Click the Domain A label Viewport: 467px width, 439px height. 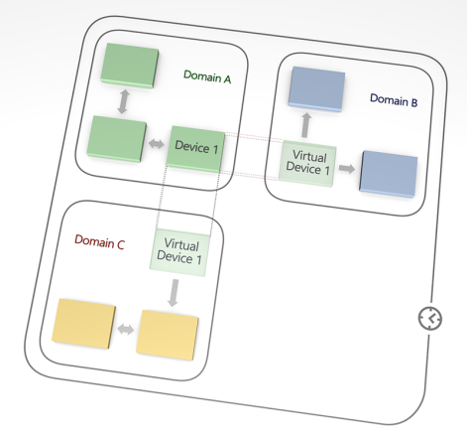click(207, 76)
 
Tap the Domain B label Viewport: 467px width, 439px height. click(394, 100)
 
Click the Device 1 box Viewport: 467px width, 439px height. click(195, 149)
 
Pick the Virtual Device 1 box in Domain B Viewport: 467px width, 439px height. click(307, 164)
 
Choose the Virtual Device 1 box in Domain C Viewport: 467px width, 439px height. click(179, 252)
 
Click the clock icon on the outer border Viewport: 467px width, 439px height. click(430, 318)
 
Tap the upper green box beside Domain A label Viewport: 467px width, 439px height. click(130, 66)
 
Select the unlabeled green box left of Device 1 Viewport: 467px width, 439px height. click(117, 139)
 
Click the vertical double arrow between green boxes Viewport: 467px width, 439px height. click(124, 101)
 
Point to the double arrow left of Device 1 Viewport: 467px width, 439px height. click(156, 144)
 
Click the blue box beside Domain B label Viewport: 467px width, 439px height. click(317, 88)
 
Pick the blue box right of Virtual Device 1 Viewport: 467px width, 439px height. click(389, 174)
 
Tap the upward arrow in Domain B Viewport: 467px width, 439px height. click(306, 125)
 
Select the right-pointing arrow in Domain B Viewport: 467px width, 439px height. click(347, 168)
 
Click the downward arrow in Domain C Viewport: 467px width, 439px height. click(174, 293)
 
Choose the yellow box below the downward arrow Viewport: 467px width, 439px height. click(168, 335)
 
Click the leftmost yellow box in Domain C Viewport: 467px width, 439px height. click(83, 323)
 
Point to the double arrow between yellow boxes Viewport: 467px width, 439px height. click(126, 329)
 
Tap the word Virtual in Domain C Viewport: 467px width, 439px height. click(181, 245)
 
